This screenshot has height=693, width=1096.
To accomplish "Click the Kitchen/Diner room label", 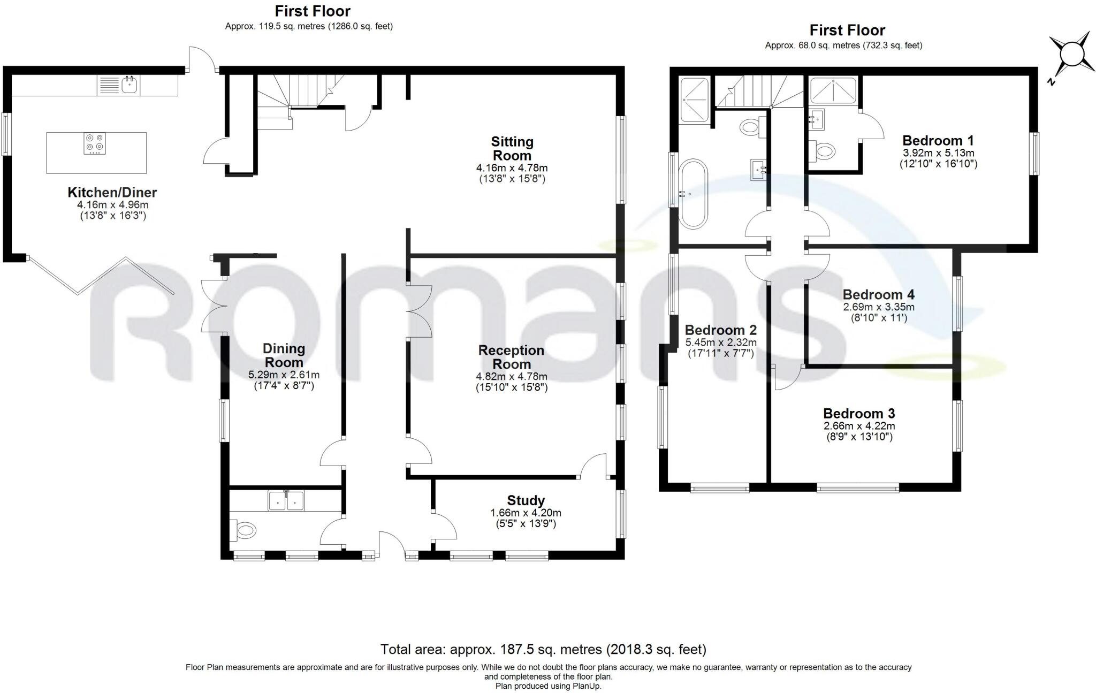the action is pos(112,192).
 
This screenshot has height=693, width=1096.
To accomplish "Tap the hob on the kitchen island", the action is pos(95,143).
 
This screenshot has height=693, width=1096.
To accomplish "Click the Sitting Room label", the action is pos(512,149).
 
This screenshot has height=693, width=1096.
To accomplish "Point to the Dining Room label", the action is pos(284,355).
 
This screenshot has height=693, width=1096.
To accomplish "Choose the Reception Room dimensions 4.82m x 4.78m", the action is pos(512,376).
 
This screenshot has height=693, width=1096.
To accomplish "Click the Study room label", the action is pos(526,500).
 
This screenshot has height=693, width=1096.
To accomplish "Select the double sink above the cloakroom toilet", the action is pos(286,500).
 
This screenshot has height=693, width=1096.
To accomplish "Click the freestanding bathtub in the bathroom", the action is pos(693,194).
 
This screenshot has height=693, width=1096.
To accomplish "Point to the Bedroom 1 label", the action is pos(938,141).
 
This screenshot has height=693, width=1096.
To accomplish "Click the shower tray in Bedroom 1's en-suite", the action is pos(833,90).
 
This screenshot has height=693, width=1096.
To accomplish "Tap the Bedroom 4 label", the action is pos(879,295).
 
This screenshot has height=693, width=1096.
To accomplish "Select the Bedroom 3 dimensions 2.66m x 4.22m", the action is pos(859,426).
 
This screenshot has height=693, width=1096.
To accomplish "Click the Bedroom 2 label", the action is pos(721,330).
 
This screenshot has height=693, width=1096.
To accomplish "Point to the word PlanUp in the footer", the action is pos(587,686).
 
